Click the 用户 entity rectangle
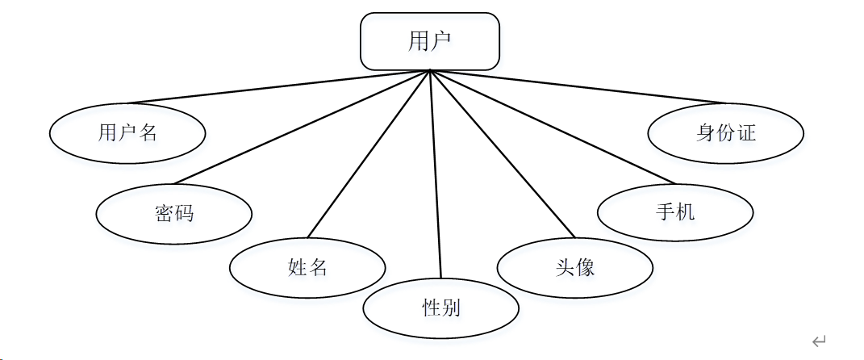click(x=429, y=41)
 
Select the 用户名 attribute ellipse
click(x=127, y=132)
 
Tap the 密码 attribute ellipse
click(x=173, y=213)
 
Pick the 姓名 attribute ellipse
click(x=307, y=267)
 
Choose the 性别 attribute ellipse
click(x=440, y=307)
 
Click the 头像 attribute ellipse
click(x=574, y=267)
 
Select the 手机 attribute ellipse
click(x=675, y=212)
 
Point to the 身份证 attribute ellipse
click(x=725, y=132)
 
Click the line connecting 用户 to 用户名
click(x=278, y=87)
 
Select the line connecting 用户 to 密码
click(x=303, y=127)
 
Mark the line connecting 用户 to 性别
click(x=436, y=174)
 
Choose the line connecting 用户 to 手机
click(x=553, y=127)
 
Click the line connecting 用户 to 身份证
click(x=577, y=87)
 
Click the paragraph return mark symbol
click(x=819, y=341)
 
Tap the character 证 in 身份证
click(x=746, y=132)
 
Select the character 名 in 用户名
click(x=148, y=132)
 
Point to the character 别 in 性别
click(x=451, y=307)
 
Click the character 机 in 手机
click(x=686, y=212)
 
